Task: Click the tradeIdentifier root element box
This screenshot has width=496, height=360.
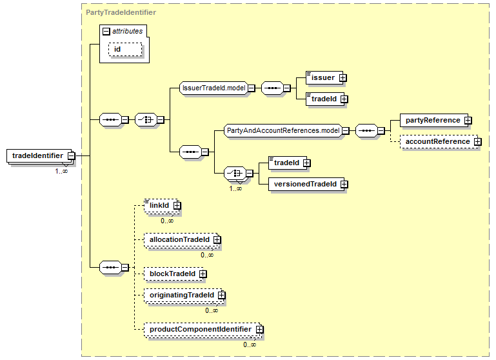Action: tap(37, 155)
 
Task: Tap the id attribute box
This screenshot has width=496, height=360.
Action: tap(124, 49)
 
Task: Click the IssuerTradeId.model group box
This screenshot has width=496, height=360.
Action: tap(213, 88)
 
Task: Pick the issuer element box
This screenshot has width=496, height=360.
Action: tap(322, 77)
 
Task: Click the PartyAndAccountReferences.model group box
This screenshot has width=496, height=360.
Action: tap(283, 131)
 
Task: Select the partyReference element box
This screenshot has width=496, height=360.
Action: tap(432, 120)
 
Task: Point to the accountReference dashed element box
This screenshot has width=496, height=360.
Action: tap(437, 141)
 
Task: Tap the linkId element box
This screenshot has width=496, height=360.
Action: tap(159, 205)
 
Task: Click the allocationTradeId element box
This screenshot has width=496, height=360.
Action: tap(179, 239)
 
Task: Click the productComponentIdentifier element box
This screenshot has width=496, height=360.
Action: tap(200, 329)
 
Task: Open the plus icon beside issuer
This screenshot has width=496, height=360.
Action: tap(342, 78)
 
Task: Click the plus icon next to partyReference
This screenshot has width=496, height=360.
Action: tap(468, 121)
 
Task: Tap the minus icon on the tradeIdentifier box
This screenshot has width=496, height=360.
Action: tap(71, 155)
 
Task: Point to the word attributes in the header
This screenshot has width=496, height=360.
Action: tap(128, 30)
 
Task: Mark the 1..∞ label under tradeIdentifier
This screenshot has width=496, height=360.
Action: tap(61, 171)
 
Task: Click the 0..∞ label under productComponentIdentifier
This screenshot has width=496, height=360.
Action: tap(250, 345)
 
